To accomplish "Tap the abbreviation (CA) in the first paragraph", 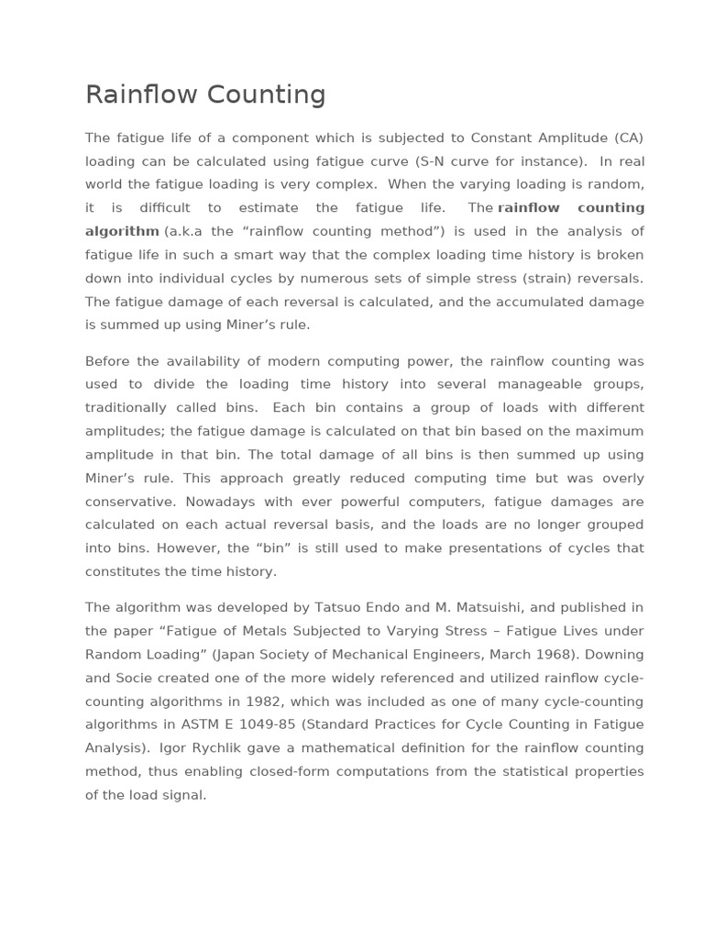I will pos(627,138).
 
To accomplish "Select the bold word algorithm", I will pos(122,231).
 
